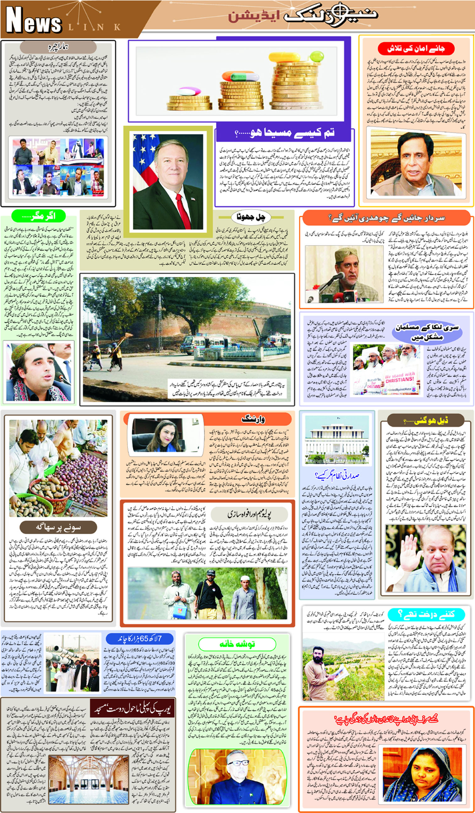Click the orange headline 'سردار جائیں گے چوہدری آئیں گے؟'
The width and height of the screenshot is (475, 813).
pos(386,218)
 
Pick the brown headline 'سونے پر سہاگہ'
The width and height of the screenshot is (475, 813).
pos(58,528)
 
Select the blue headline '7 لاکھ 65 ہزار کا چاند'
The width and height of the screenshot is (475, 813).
pos(139,639)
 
